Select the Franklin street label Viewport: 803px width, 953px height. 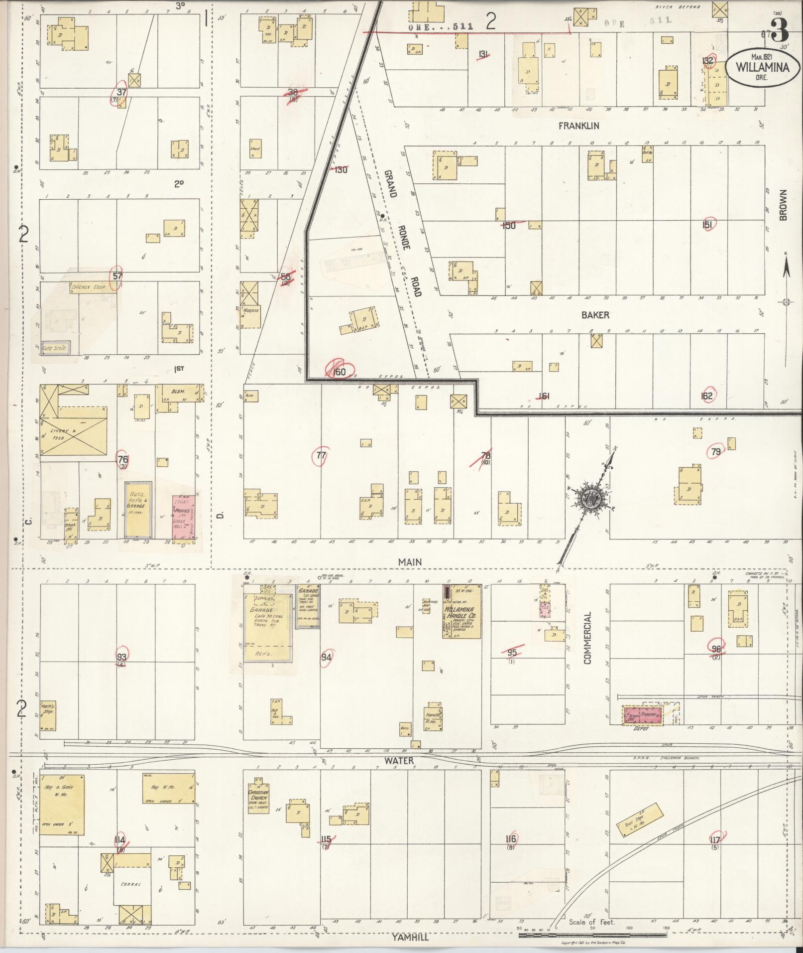(578, 126)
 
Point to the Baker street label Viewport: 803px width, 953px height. (595, 315)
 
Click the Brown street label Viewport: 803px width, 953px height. (783, 205)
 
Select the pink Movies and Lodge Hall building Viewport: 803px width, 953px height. (183, 517)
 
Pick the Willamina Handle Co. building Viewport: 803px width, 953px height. (462, 611)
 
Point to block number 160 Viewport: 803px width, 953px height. (339, 371)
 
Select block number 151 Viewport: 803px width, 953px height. (707, 225)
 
